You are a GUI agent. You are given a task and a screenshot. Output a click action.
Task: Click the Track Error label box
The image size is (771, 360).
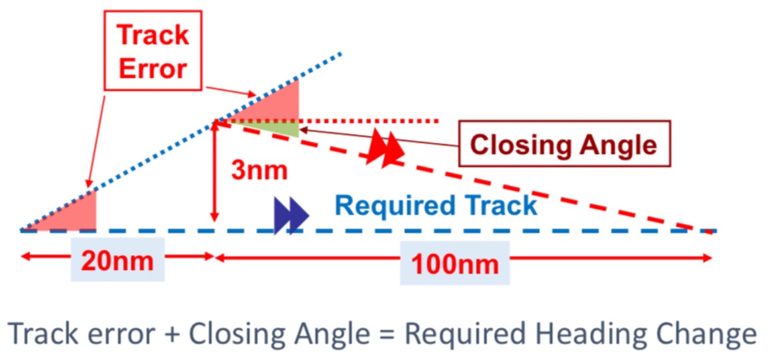(153, 51)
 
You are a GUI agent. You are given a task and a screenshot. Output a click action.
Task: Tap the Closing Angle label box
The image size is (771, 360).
(564, 144)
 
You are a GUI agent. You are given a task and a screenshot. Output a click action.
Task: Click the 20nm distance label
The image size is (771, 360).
(117, 261)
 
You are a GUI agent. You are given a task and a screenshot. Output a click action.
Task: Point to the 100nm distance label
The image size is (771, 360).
(454, 263)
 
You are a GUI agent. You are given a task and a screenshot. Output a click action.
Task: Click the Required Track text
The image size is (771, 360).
(436, 206)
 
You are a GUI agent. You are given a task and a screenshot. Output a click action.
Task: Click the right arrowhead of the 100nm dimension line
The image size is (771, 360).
(707, 258)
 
